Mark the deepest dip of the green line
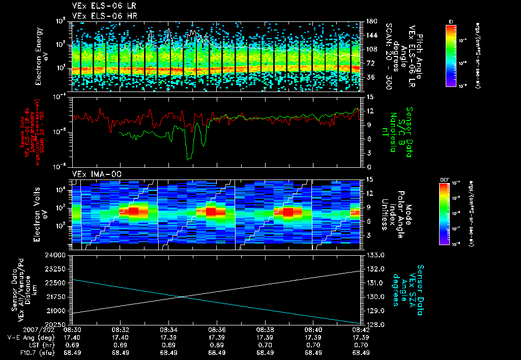coord(189,160)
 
